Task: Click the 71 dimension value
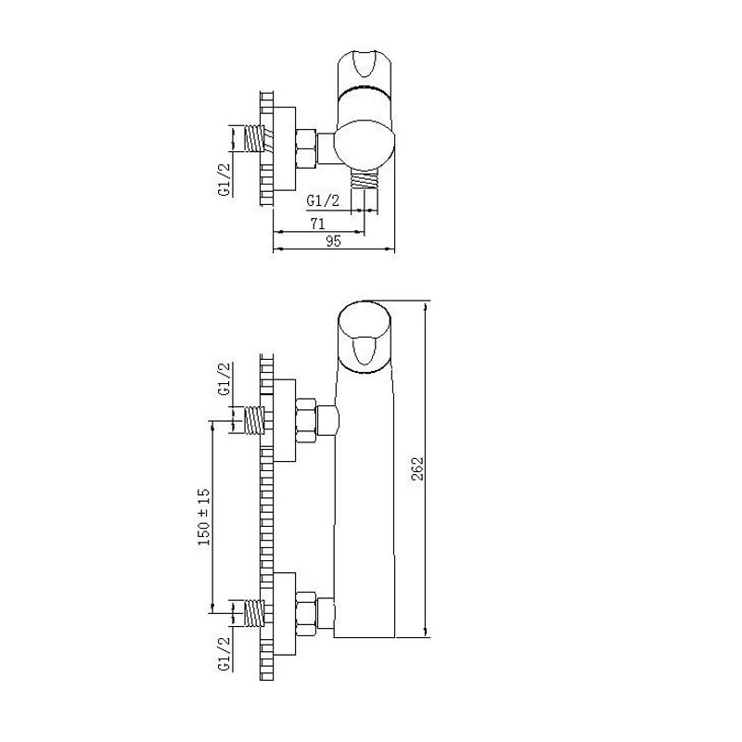point(317,224)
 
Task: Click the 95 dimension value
point(333,241)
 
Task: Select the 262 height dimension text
point(418,468)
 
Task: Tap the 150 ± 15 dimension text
point(204,518)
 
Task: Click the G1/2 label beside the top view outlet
point(323,200)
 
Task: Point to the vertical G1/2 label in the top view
point(224,179)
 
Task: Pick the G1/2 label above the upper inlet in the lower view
point(224,378)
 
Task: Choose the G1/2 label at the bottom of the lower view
point(224,654)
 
